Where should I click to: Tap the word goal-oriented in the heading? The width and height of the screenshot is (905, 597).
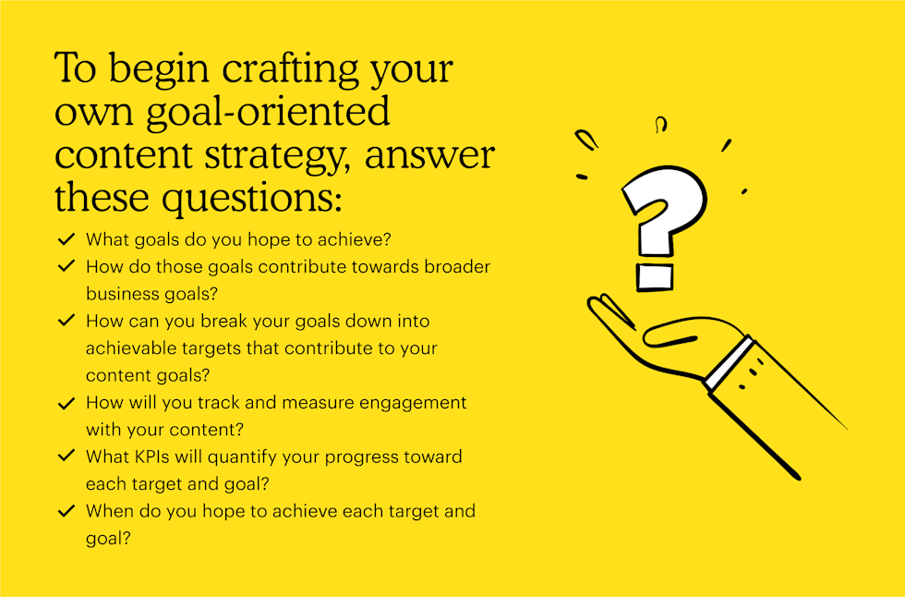tap(268, 113)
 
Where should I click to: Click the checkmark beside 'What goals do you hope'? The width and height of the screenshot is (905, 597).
tap(66, 238)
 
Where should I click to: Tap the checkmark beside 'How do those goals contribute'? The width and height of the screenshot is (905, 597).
tap(66, 265)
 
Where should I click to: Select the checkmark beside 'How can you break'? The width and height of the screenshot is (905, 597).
tap(66, 320)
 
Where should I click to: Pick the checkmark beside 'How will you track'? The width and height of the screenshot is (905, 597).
tap(66, 403)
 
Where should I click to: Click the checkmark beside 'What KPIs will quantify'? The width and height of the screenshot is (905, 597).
tap(66, 456)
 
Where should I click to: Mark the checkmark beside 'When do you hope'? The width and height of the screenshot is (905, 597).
tap(66, 510)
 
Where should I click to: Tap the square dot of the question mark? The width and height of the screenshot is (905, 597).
tap(655, 277)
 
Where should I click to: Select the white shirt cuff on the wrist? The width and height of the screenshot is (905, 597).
tap(730, 362)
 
